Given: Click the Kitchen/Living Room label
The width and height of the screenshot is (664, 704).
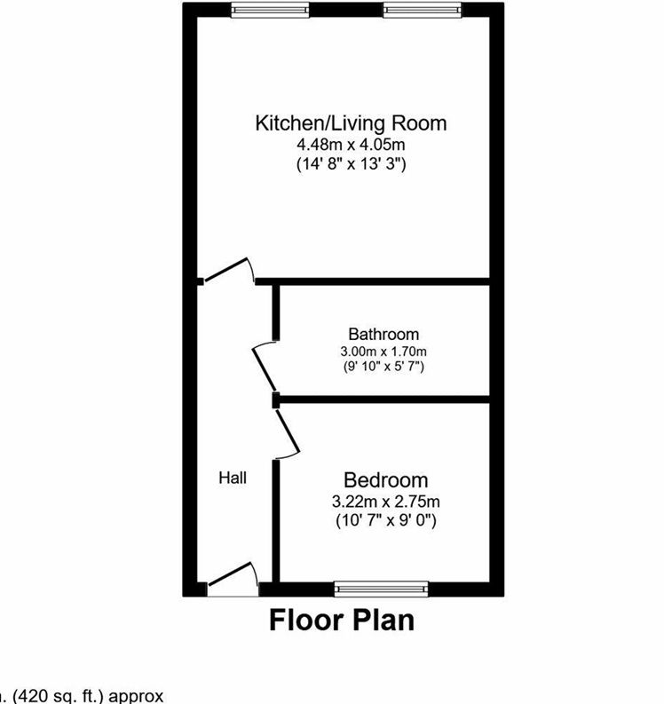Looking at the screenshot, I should pyautogui.click(x=351, y=123).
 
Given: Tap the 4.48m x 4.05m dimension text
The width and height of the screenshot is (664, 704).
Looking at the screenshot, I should pyautogui.click(x=351, y=144).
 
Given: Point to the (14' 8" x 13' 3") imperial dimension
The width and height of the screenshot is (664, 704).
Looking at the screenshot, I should pyautogui.click(x=351, y=163).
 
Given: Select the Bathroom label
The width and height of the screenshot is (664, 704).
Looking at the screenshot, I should pyautogui.click(x=383, y=335).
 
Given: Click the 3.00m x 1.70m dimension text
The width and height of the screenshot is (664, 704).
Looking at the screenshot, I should pyautogui.click(x=383, y=352).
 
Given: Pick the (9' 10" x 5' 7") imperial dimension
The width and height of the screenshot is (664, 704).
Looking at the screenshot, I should pyautogui.click(x=383, y=366).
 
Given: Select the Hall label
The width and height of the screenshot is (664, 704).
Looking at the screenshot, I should pyautogui.click(x=233, y=478).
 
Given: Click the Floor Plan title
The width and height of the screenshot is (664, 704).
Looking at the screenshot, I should pyautogui.click(x=342, y=619).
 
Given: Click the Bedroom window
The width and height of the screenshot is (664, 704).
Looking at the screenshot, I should pyautogui.click(x=382, y=587).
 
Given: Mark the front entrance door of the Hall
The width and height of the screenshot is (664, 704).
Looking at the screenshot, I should pyautogui.click(x=233, y=578).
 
